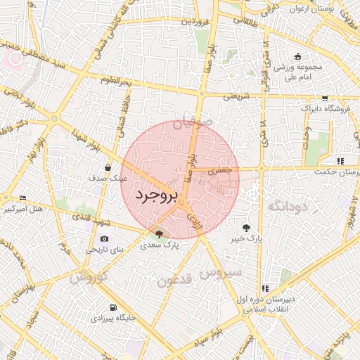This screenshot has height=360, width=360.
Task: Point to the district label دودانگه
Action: point(288,206)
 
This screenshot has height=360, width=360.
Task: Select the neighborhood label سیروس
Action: point(221,271)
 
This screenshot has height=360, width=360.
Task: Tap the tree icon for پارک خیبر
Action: point(246,227)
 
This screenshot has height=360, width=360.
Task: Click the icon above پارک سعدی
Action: point(160,235)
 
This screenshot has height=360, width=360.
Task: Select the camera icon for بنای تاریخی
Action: point(104,239)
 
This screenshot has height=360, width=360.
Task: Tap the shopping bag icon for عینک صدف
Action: point(108,167)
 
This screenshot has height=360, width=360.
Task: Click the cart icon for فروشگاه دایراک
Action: point(324,98)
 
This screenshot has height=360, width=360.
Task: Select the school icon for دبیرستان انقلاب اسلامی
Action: point(265,288)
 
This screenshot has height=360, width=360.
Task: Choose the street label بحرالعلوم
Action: point(117,83)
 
